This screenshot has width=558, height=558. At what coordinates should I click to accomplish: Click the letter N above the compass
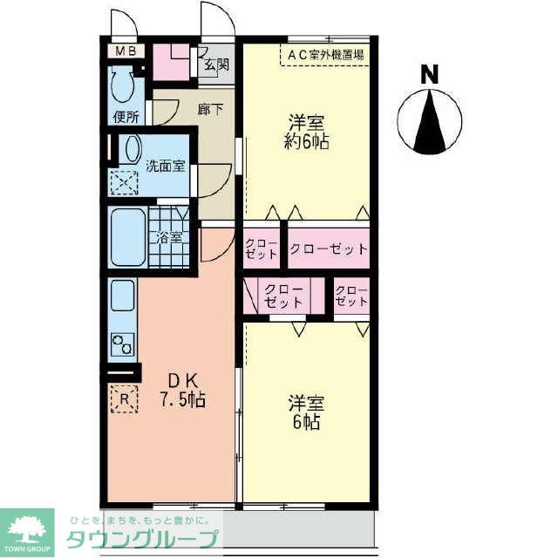(429, 76)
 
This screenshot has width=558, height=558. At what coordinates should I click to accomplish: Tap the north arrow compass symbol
(428, 123)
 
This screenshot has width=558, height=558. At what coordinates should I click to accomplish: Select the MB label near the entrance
(126, 51)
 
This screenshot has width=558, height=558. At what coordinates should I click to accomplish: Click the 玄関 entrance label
(216, 64)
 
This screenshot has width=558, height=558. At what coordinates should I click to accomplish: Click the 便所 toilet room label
(126, 117)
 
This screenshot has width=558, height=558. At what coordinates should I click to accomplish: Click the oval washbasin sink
(129, 150)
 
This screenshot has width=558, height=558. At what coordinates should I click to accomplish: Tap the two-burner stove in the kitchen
(122, 344)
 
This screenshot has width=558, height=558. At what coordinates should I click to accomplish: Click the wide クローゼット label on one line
(329, 248)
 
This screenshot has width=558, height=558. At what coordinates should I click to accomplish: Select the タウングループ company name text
(142, 537)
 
